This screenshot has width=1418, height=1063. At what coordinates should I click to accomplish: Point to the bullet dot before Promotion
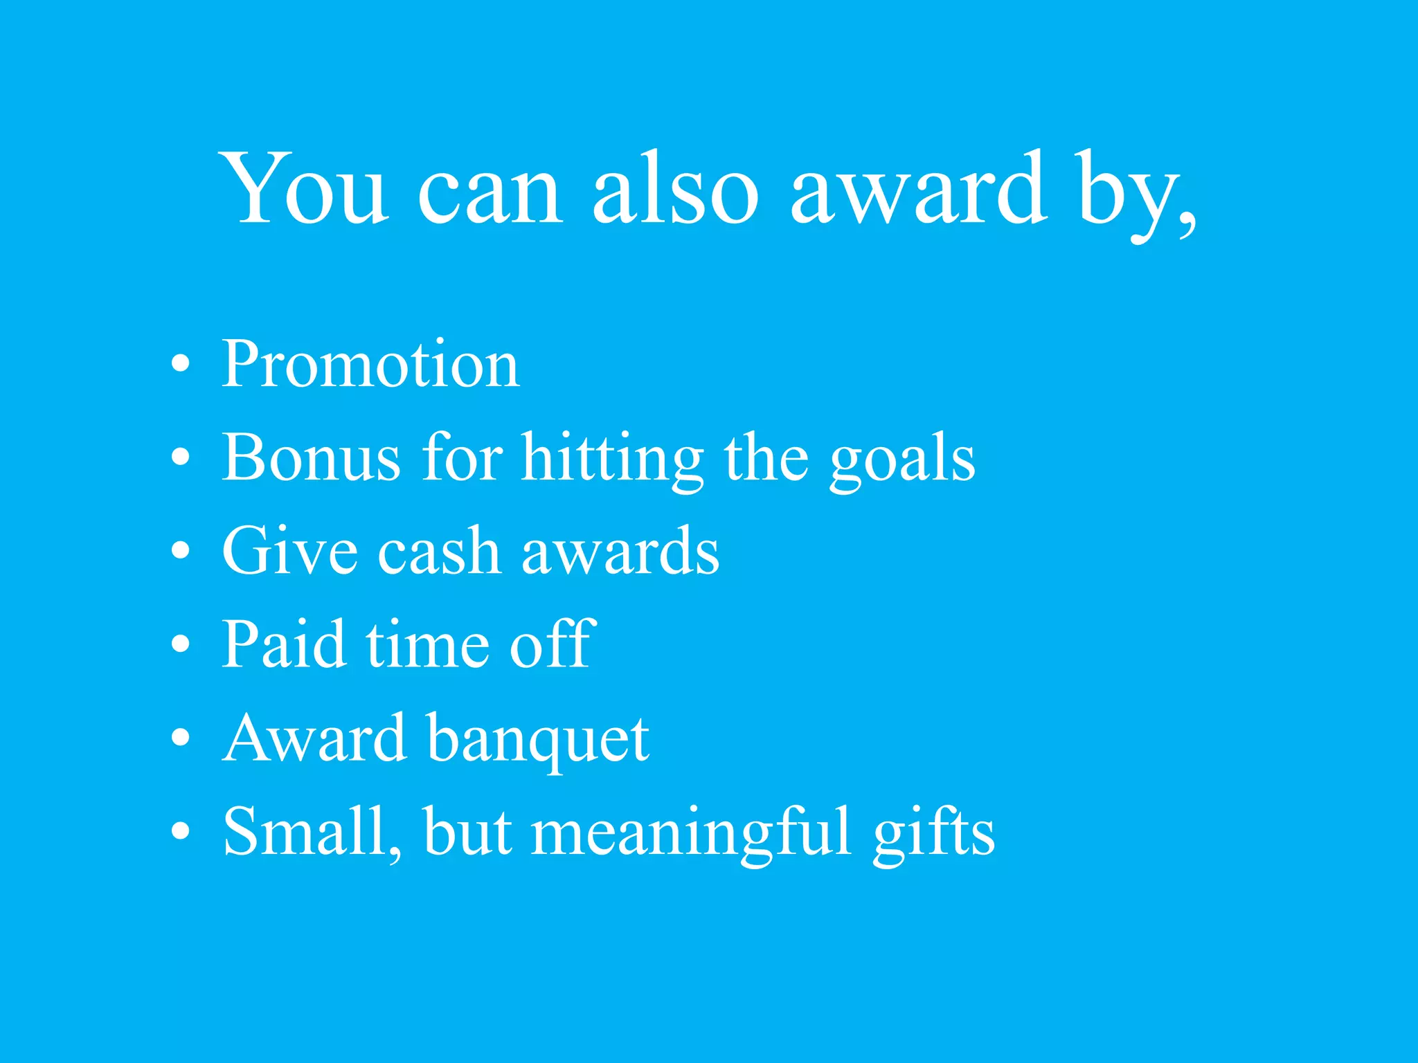point(180,364)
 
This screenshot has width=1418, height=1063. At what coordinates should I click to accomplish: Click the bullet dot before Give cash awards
point(180,551)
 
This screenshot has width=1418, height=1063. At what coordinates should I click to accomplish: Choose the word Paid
point(284,644)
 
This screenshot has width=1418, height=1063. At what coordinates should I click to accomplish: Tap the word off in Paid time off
point(552,644)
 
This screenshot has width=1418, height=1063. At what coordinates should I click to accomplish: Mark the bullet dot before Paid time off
point(180,644)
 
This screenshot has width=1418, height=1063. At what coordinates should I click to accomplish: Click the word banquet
point(538,739)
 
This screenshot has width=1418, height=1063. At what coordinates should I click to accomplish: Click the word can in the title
point(490,190)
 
